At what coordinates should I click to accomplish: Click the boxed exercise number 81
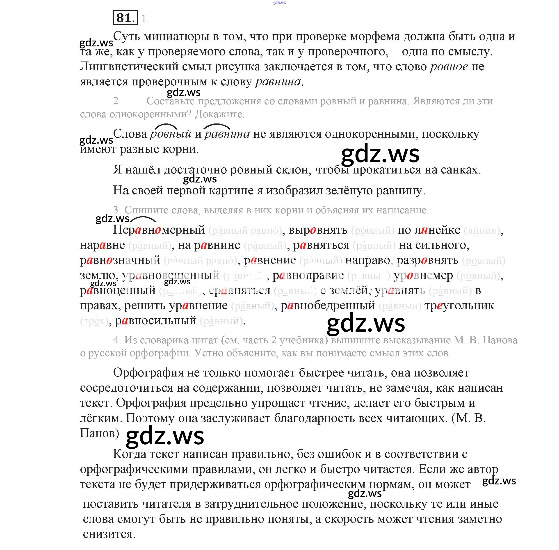tap(125, 18)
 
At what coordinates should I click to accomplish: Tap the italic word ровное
tap(449, 67)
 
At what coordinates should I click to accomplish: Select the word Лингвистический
tap(129, 67)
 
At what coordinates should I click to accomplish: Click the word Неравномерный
tap(159, 230)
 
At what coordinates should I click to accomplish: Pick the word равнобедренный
tap(328, 306)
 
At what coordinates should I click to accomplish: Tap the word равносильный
tap(155, 321)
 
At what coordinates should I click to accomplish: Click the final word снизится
tap(109, 534)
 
